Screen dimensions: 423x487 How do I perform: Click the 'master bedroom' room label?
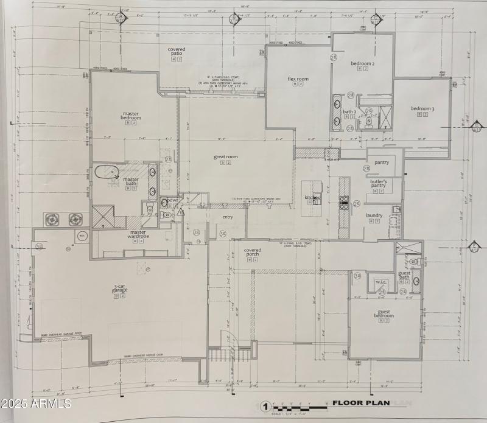click(131, 115)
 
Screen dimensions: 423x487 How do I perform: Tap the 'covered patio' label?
click(177, 51)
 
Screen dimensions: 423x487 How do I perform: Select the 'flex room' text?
click(298, 79)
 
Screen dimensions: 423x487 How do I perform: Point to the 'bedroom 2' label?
click(362, 63)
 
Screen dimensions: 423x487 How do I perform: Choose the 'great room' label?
click(225, 156)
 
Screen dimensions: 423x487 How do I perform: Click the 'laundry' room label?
click(374, 215)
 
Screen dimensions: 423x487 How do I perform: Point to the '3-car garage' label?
click(119, 289)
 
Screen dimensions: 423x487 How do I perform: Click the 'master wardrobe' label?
click(137, 234)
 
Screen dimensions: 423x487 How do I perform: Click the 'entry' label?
click(228, 217)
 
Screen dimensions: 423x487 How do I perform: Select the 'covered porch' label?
click(253, 253)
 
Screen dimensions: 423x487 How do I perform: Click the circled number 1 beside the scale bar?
click(265, 406)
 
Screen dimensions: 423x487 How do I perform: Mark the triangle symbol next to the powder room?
click(181, 212)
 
